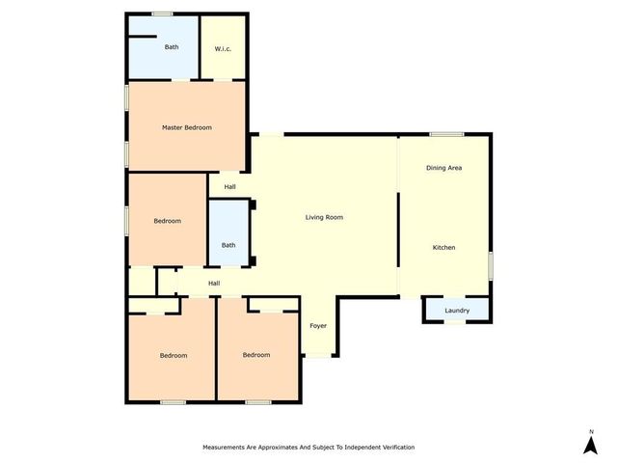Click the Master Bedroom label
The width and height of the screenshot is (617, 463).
(x=186, y=127)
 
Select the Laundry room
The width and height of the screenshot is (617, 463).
(x=457, y=310)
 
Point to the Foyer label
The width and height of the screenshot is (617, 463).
(x=318, y=326)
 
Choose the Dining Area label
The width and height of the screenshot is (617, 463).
(x=444, y=168)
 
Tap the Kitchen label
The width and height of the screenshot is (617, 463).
(x=443, y=248)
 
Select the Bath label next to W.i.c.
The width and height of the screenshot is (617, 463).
(x=172, y=47)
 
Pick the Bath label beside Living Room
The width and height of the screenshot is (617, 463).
(x=228, y=245)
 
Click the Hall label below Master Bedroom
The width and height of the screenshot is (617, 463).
(x=230, y=187)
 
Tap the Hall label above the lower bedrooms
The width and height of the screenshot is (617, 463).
(x=214, y=283)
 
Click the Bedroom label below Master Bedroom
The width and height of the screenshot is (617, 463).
(x=168, y=221)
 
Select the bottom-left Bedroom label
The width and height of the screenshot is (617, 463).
(x=174, y=355)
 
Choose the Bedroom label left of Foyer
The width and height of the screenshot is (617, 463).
(x=256, y=355)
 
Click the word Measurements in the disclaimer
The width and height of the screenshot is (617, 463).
(x=228, y=448)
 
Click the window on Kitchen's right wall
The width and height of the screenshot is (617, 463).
(x=490, y=265)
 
